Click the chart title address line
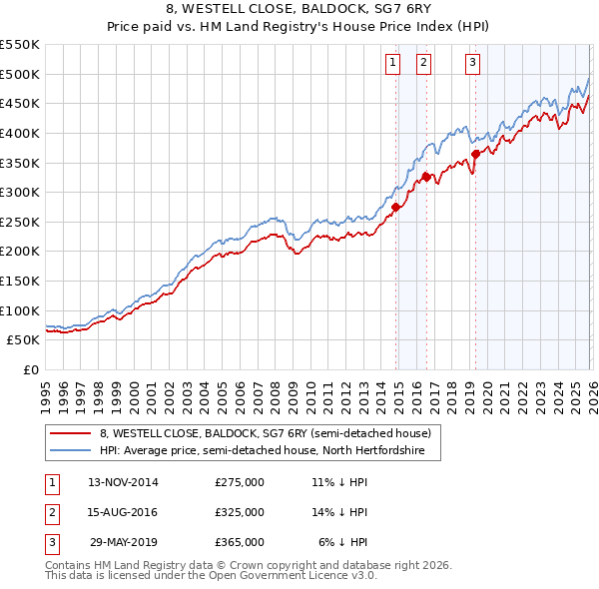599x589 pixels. (299, 9)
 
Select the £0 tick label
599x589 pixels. (30, 369)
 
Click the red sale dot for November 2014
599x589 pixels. (396, 207)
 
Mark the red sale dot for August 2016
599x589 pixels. (426, 177)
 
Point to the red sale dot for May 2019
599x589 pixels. (475, 154)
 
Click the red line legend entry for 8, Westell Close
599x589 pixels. (265, 433)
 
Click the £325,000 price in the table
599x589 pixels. (240, 512)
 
